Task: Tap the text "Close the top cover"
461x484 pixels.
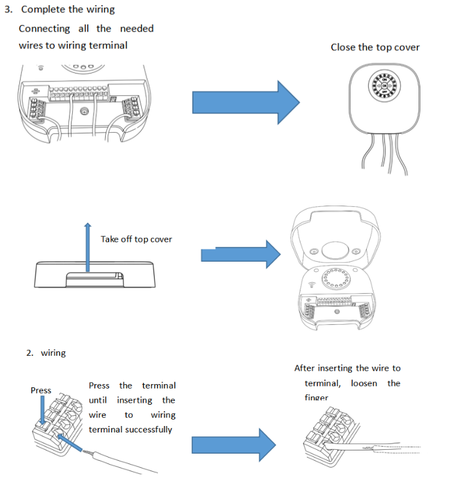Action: [375, 47]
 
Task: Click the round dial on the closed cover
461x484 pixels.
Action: [384, 86]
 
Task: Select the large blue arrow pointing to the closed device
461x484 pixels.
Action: [246, 102]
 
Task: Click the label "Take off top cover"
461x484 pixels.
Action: [136, 239]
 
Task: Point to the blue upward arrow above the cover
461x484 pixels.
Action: [86, 248]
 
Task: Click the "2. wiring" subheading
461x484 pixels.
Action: [46, 353]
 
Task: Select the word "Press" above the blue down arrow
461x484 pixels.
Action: [41, 391]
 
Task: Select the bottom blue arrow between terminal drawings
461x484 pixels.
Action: [233, 448]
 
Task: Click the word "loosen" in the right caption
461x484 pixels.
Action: [365, 383]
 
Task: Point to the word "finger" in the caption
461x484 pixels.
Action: [316, 398]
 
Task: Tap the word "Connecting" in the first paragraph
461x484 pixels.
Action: [44, 28]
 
